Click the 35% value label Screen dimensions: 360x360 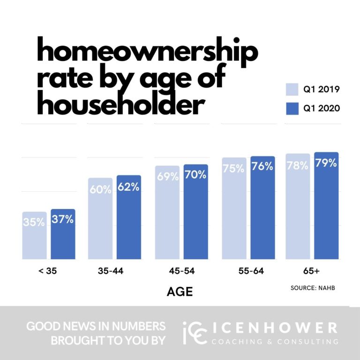(x=34, y=222)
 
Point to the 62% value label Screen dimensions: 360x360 (x=129, y=187)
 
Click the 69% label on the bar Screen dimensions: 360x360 (x=167, y=177)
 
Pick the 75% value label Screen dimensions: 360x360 (x=234, y=169)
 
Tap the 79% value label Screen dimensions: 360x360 (x=326, y=163)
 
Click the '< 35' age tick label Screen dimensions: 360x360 (x=47, y=271)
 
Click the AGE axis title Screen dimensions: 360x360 (x=180, y=292)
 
